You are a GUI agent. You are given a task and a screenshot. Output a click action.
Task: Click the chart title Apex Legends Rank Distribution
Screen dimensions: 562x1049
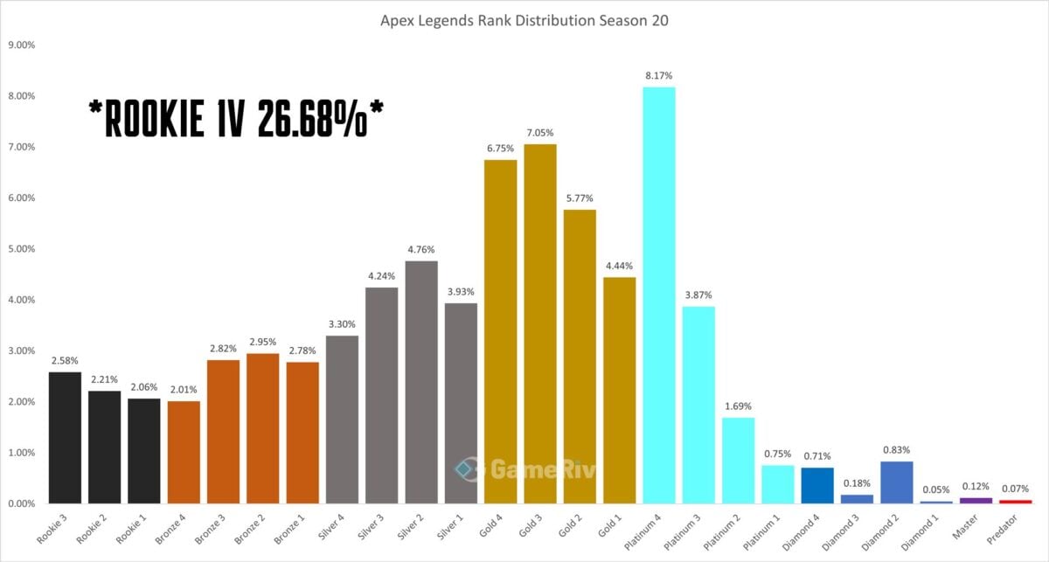(x=524, y=20)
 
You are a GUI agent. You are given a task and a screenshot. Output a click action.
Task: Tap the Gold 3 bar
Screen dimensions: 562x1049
(x=539, y=323)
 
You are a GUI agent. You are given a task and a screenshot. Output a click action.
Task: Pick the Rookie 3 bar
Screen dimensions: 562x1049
(x=65, y=438)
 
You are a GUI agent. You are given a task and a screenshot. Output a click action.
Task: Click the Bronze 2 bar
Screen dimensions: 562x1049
(x=262, y=428)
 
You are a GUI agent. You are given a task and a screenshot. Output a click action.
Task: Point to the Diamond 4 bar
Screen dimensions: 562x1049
(x=816, y=485)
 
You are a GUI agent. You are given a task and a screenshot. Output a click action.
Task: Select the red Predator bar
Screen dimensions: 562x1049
(x=1015, y=502)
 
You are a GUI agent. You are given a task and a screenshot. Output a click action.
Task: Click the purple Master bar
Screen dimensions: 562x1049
(x=976, y=500)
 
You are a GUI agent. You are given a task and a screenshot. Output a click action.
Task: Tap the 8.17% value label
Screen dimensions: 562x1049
(x=658, y=77)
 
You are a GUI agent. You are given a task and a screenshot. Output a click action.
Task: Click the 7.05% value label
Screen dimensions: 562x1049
(x=539, y=134)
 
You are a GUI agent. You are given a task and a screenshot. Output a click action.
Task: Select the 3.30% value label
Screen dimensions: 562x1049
(x=342, y=325)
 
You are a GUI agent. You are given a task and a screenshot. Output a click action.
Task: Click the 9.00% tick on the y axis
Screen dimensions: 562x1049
(x=22, y=45)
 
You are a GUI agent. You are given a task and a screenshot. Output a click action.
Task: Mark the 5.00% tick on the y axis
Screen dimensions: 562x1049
(x=22, y=249)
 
